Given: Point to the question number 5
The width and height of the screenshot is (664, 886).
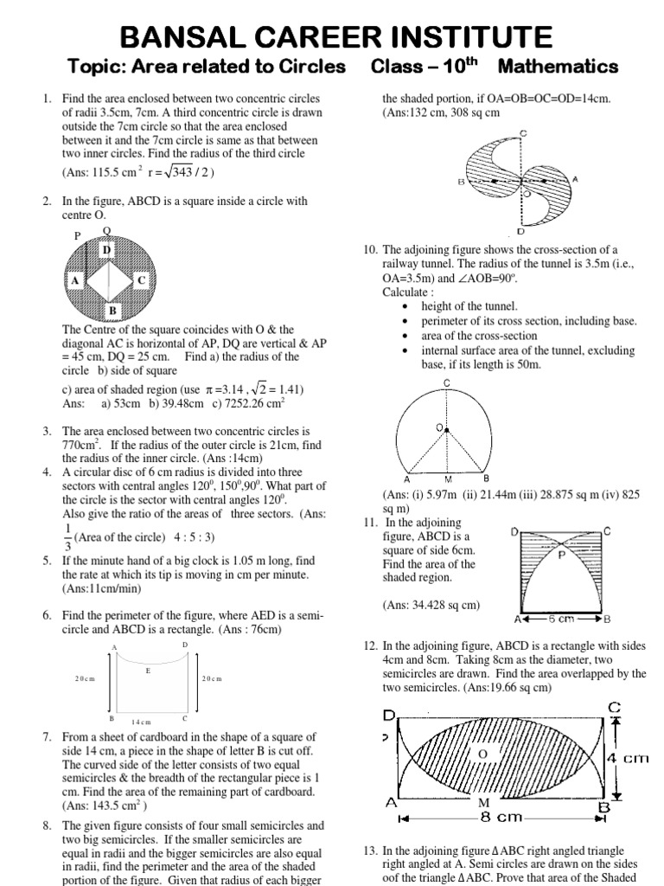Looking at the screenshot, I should click(46, 561).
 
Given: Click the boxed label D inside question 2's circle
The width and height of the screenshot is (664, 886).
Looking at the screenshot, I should click(107, 250).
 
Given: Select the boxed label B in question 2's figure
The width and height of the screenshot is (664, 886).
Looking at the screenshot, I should click(112, 311).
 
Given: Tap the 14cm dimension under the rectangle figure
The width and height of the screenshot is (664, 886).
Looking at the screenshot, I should click(141, 721).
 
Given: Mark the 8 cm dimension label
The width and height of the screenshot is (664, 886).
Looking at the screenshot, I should click(498, 816).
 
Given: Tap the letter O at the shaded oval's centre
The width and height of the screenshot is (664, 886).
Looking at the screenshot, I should click(483, 754).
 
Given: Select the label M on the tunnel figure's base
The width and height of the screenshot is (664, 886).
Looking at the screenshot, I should click(447, 478).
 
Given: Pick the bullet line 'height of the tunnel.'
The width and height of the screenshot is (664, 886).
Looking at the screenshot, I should click(469, 306).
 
